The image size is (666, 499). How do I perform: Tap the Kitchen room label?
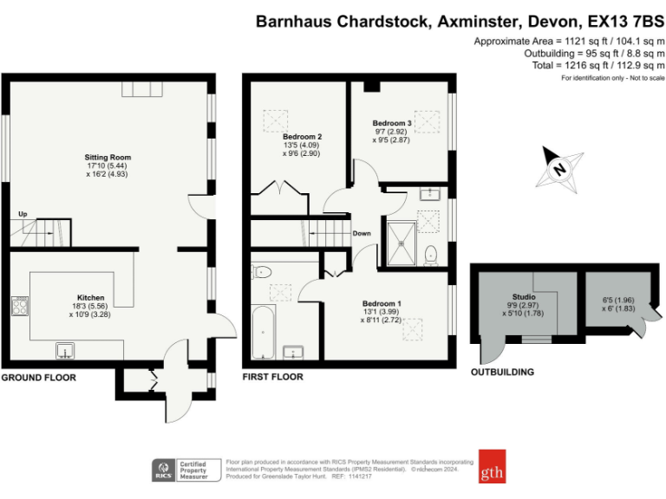[x=90, y=296]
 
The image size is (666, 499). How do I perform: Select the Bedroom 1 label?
[x=381, y=302]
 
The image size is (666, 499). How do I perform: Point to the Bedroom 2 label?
[x=303, y=137]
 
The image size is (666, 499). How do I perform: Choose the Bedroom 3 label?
[x=392, y=123]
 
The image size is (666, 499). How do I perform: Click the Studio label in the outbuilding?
[x=523, y=296]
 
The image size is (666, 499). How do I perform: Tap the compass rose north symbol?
[x=558, y=166]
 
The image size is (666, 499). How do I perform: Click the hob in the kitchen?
[x=20, y=305]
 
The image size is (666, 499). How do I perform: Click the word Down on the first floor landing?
[x=362, y=233]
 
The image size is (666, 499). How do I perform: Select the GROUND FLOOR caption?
[x=38, y=378]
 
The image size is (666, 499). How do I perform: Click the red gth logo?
[x=491, y=467]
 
